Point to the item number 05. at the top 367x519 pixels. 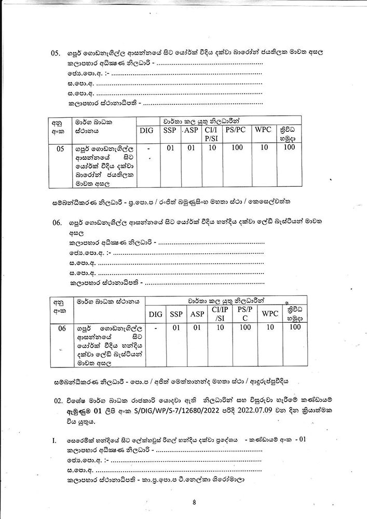coord(56,53)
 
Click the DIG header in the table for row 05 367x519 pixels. coord(147,131)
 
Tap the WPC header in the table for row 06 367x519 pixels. coord(270,314)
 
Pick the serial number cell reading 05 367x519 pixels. coord(60,148)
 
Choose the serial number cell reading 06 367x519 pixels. coord(61,328)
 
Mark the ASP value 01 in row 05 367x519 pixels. coord(191,147)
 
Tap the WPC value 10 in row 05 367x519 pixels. coord(265,147)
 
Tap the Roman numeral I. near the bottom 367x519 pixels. coord(54,441)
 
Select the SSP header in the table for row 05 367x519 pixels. coord(170,131)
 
